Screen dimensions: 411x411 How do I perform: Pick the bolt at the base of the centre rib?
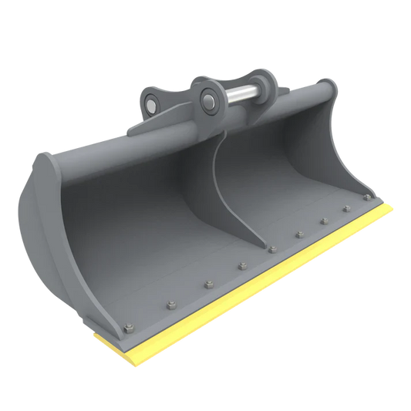271,248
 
